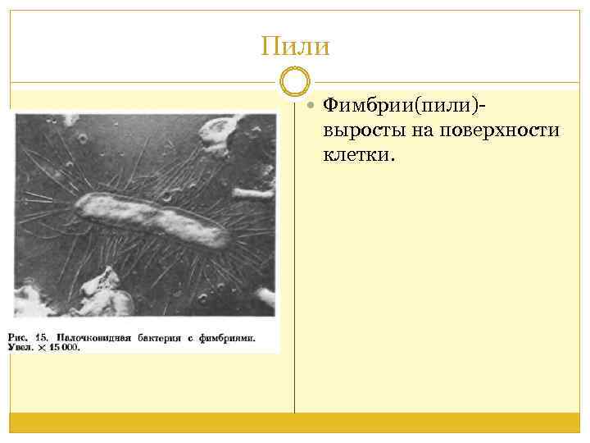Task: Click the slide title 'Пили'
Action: click(295, 45)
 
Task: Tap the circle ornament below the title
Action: click(295, 82)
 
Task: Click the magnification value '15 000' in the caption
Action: click(63, 348)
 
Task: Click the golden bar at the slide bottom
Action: click(295, 422)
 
